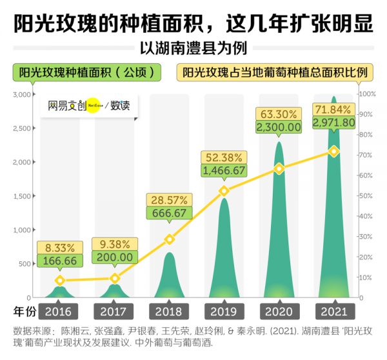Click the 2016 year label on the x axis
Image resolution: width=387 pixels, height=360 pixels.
(x=60, y=312)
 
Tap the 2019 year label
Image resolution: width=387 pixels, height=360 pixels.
(x=224, y=312)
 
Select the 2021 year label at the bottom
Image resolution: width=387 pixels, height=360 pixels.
(x=333, y=312)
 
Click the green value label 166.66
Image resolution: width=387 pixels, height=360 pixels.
(x=60, y=261)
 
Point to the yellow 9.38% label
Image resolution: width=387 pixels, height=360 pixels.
(x=115, y=244)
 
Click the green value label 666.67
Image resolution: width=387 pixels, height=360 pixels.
(x=169, y=213)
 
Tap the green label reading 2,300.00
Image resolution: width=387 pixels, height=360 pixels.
(x=279, y=127)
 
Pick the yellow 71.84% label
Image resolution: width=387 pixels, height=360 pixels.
(x=333, y=108)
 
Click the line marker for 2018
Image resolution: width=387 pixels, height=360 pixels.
(x=169, y=239)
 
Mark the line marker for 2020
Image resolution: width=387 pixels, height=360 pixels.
(x=279, y=169)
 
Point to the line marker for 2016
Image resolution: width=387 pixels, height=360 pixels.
(x=60, y=281)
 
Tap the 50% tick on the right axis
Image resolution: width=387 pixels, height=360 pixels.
(x=366, y=196)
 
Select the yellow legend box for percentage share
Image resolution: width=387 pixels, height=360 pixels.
(x=274, y=72)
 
